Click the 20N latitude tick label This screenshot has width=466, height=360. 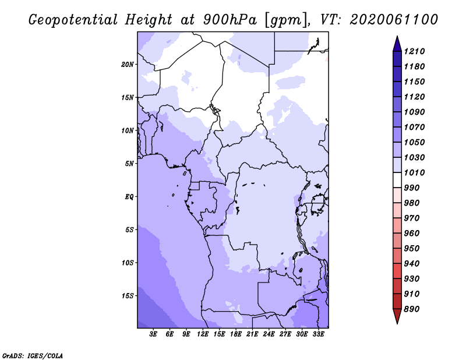pos(127,65)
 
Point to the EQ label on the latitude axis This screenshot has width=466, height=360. pos(129,197)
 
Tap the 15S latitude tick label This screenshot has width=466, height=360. pos(127,296)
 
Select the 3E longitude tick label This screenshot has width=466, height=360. pos(153,334)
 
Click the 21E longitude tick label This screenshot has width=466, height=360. pos(252,334)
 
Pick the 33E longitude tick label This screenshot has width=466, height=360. pos(318,334)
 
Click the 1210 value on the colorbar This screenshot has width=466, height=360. pos(414,51)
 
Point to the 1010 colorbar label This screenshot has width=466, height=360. pos(414,172)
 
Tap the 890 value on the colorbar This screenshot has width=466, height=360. pos(412,309)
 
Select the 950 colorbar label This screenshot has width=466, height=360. pos(412,249)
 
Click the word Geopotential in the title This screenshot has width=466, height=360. pos(73,20)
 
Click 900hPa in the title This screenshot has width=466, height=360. pos(230,20)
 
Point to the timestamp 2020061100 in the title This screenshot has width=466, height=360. pos(394,20)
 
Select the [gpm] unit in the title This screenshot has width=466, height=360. pos(286,21)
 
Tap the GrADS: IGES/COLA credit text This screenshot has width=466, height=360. pos(33,356)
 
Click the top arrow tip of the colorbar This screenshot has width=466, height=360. pos(397,36)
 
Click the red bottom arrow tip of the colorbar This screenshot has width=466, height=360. pos(397,323)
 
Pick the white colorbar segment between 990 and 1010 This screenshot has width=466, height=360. pos(397,180)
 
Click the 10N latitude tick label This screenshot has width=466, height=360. pos(127,130)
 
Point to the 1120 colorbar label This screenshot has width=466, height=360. pos(414,97)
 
